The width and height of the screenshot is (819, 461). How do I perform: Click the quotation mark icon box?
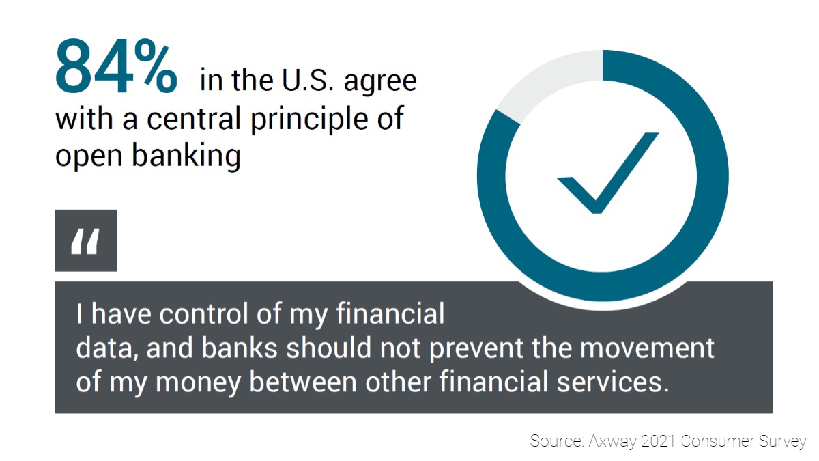[x=86, y=240]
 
